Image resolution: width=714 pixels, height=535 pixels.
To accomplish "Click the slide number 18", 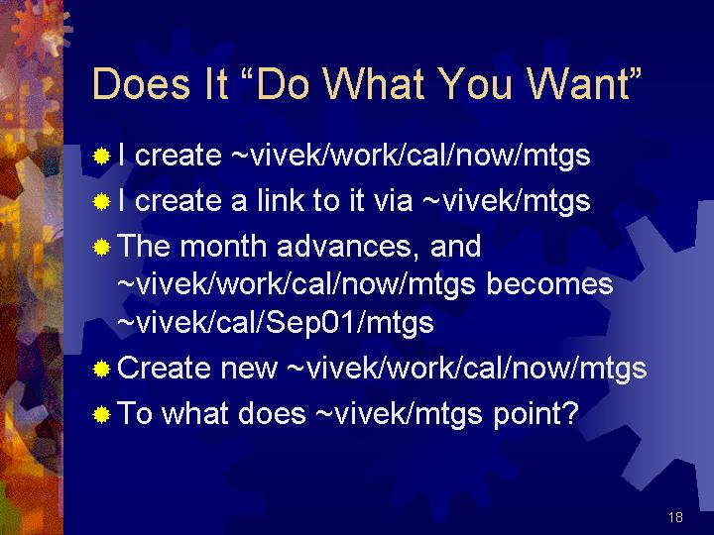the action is [675, 517].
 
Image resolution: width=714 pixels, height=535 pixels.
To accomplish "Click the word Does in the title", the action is [141, 83].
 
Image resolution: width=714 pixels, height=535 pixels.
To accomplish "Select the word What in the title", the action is [375, 83].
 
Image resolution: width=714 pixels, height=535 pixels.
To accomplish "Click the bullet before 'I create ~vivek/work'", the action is [101, 157].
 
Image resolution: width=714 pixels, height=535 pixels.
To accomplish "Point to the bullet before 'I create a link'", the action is [101, 201].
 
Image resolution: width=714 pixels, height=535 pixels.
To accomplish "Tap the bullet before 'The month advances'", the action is [101, 247].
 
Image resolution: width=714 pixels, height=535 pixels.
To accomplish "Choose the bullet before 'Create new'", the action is [101, 369].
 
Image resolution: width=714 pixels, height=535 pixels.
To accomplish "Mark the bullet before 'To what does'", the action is [101, 414].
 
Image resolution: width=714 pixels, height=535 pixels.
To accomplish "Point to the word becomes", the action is [549, 284].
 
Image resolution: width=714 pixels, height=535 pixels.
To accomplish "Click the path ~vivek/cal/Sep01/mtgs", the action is [276, 323].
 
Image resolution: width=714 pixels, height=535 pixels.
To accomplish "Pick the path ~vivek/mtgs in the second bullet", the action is [507, 201].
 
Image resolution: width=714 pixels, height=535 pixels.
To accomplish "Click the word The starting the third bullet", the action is [144, 246].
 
